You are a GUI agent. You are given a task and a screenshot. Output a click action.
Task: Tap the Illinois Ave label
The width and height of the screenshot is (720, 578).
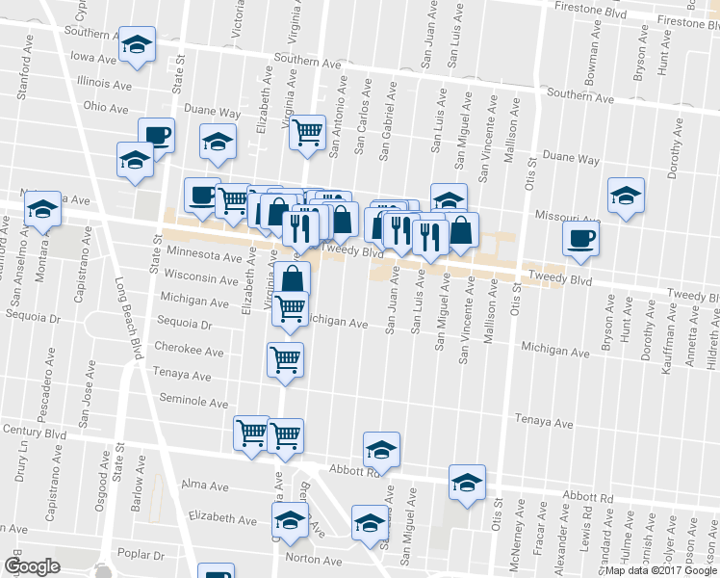coord(103,84)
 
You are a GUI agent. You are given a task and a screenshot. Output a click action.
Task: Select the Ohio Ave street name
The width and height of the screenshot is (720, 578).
coord(106,107)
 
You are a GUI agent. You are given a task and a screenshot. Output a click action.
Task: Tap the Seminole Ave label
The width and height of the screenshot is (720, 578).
coord(193,403)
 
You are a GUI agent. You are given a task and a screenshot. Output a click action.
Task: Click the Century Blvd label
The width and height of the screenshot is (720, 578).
coord(33,433)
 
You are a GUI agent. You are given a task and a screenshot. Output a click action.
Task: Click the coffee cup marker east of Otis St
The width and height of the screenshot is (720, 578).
coord(581,239)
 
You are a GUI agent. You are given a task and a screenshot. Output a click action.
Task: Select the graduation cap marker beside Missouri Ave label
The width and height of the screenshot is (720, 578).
coord(626,196)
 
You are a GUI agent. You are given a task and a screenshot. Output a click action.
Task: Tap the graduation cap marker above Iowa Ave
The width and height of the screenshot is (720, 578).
coord(138,46)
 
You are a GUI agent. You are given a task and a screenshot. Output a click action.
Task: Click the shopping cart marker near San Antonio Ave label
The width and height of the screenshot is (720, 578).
coord(307,132)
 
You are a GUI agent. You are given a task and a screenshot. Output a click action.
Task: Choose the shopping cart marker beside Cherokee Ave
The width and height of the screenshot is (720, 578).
coord(286,359)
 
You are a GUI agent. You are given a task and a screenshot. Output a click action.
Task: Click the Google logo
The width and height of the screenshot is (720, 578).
coord(32,566)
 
